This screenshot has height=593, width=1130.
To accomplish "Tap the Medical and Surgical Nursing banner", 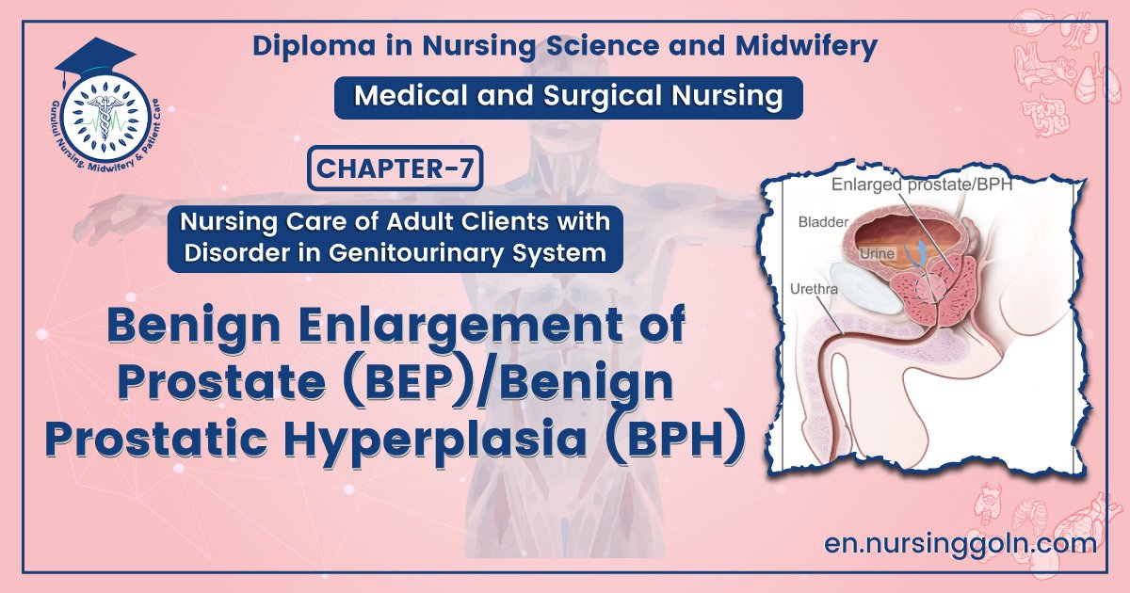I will click(x=568, y=97).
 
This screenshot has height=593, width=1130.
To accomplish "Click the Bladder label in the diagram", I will click(x=824, y=222).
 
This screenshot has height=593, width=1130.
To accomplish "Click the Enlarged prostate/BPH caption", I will click(x=921, y=184).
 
